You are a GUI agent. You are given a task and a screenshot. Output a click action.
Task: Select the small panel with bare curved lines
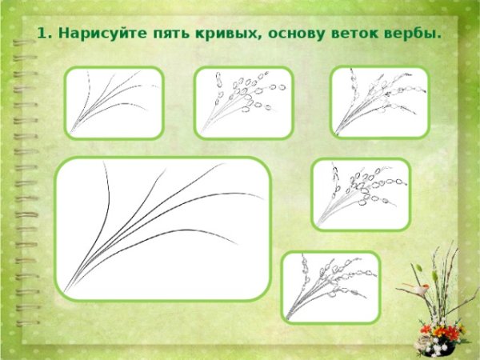point(114,102)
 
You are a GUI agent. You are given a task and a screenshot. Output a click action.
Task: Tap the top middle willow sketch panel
point(244,102)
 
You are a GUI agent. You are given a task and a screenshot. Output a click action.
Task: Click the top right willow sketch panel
point(380,102)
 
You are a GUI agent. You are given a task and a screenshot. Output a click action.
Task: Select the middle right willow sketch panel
point(360,194)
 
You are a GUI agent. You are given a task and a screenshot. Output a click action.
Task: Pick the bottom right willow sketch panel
point(331,286)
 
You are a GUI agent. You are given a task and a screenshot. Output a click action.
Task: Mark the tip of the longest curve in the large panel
point(262,197)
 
